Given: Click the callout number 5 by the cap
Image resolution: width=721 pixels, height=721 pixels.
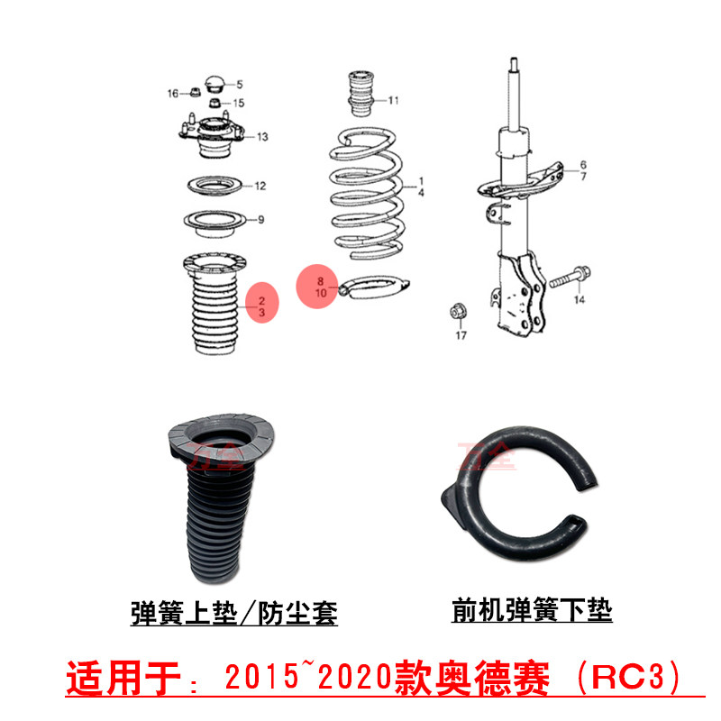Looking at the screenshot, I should [x=239, y=84].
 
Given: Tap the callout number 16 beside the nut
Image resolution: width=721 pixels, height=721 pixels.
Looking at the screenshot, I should [x=173, y=93].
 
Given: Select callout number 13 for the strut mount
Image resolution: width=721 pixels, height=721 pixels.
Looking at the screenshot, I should [x=262, y=138].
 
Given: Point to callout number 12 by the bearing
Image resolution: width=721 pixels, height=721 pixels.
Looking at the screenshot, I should [x=260, y=187].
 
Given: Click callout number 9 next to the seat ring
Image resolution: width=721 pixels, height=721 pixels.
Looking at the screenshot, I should [x=260, y=219].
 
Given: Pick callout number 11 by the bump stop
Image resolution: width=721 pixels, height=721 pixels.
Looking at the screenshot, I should [x=393, y=100].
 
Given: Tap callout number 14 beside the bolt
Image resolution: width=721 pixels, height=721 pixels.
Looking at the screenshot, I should [x=580, y=298].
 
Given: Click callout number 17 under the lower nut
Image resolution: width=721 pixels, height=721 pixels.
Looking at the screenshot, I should [x=461, y=336].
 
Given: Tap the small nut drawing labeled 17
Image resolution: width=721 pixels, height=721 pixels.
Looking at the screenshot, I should [x=457, y=313].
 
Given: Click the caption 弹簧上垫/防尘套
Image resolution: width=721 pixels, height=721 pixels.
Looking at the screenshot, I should [x=233, y=615].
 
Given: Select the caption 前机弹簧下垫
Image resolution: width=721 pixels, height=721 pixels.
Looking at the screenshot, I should [x=532, y=612].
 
